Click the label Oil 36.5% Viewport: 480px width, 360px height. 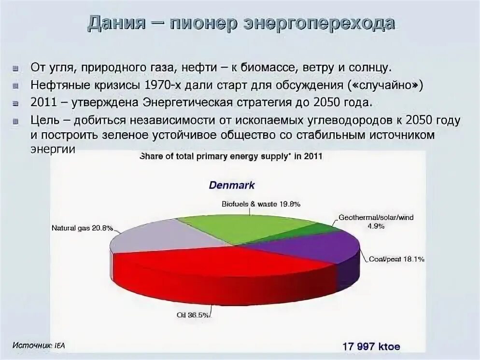coord(193,316)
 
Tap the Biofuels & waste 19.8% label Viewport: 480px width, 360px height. coord(261,204)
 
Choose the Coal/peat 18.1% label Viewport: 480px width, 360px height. coord(396,259)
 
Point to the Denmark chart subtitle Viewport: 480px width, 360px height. coord(231,185)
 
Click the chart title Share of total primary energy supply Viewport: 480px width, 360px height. coord(231,156)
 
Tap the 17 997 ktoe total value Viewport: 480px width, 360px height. coord(371,346)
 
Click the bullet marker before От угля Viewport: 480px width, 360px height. coord(16,67)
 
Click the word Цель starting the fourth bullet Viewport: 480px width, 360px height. coord(45,120)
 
